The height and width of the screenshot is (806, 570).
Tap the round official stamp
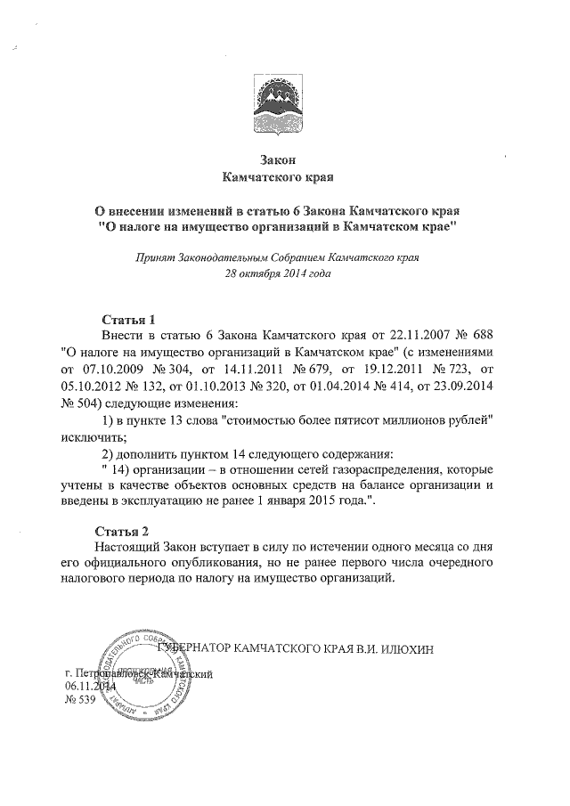pyautogui.click(x=149, y=674)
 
